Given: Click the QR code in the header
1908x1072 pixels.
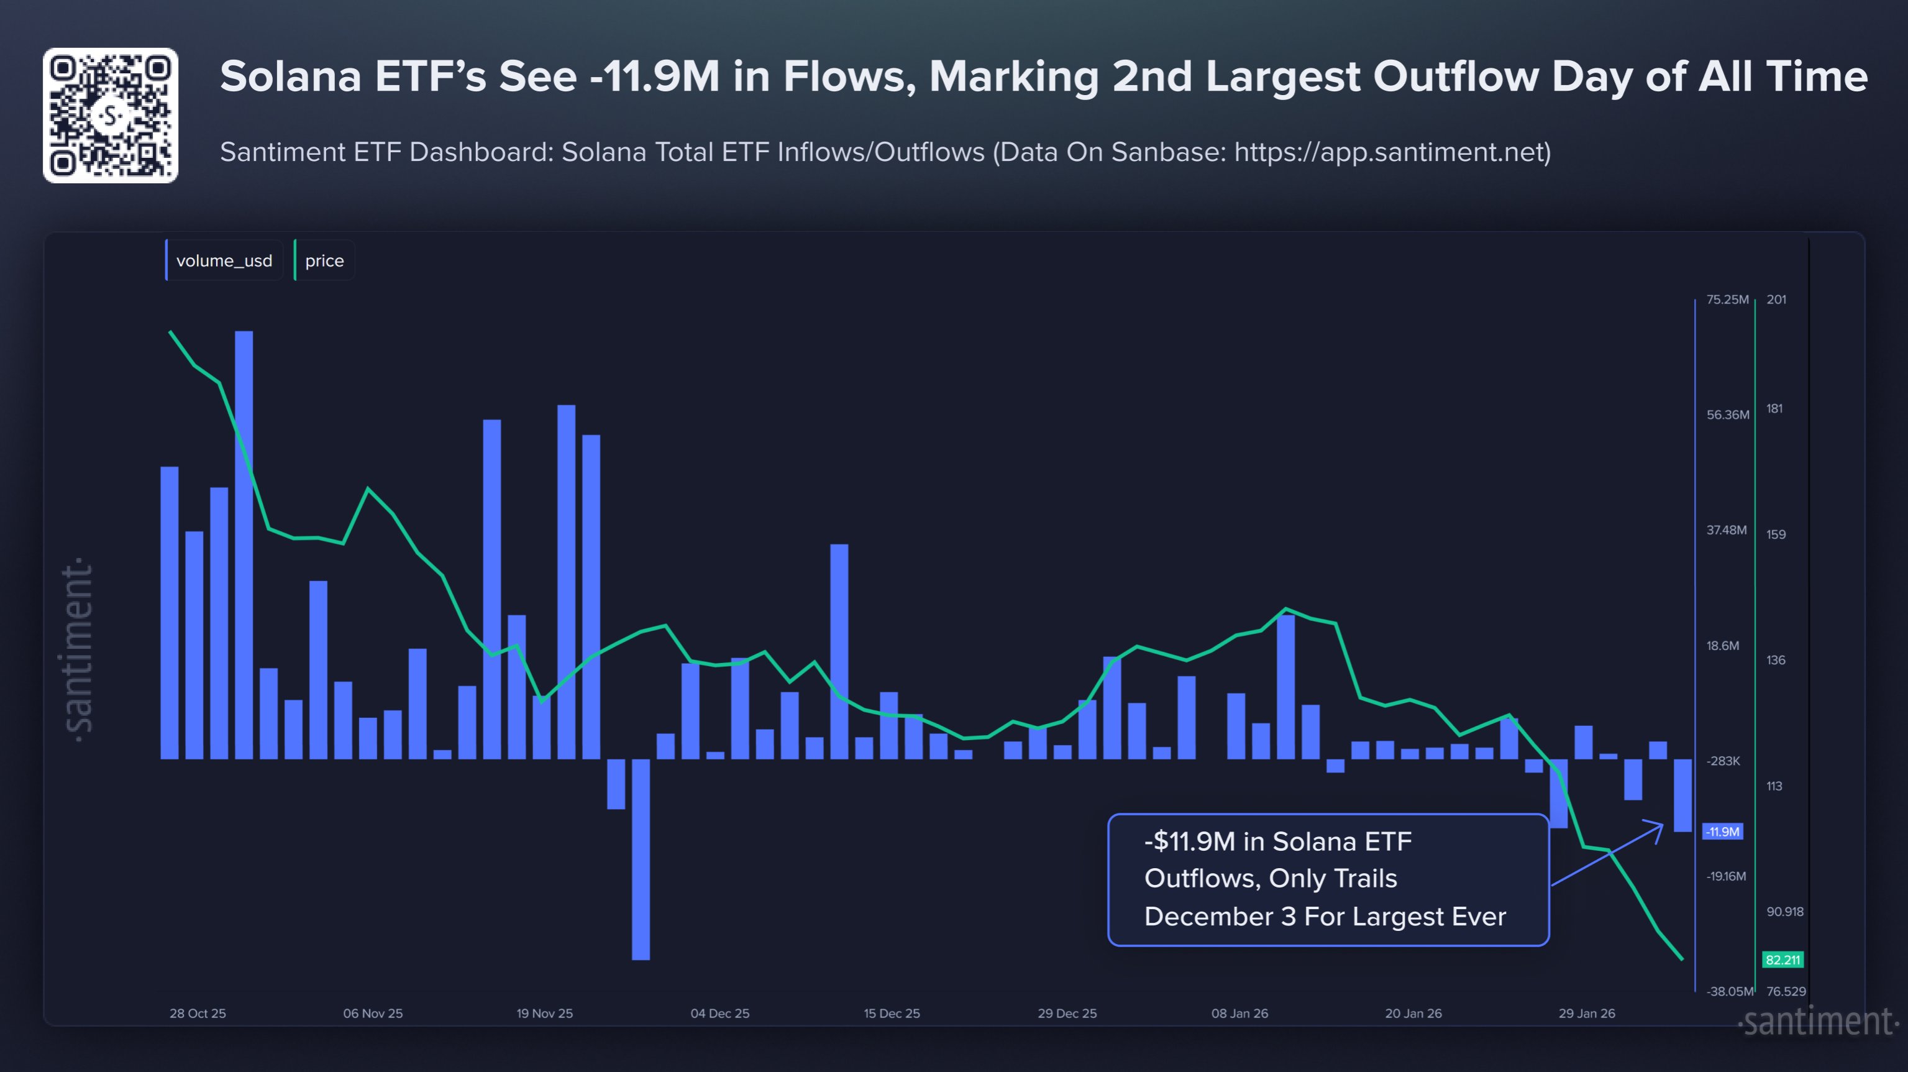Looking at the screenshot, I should (111, 116).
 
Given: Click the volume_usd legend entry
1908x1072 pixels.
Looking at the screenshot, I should (224, 261).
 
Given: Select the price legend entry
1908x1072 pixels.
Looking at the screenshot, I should (324, 261).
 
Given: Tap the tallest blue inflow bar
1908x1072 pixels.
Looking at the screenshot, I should (244, 544).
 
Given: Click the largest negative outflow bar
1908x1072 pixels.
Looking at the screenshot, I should (641, 859).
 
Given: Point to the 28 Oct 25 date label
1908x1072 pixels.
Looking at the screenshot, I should (198, 1013).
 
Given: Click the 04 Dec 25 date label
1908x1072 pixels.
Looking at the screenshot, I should (719, 1013).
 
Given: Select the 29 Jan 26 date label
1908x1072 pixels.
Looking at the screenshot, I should (1587, 1013).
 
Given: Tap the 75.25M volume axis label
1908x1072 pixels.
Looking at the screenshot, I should (1727, 300).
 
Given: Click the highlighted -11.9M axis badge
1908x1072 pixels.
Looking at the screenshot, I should (1722, 831).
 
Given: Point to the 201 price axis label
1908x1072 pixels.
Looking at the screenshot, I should (1776, 300).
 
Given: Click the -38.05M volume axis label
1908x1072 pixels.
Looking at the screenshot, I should (1728, 991).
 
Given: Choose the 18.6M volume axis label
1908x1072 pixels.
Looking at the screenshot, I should (1722, 645).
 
